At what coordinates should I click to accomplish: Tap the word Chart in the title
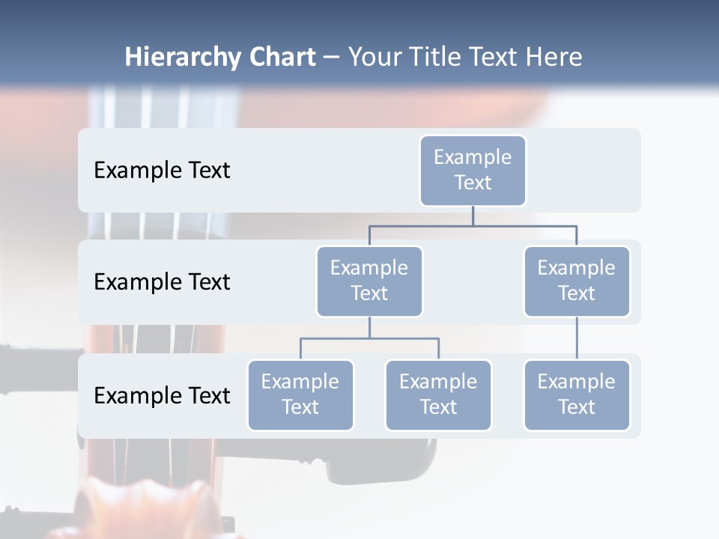(x=281, y=58)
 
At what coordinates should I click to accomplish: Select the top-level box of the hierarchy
(x=473, y=170)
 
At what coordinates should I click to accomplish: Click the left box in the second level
(x=369, y=281)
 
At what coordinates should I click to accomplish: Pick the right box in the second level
(x=577, y=281)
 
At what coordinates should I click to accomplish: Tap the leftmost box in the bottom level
(x=300, y=395)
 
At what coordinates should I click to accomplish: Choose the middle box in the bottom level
(x=438, y=395)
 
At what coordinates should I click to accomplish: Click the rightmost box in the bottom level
(x=577, y=395)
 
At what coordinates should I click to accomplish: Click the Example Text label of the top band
(x=162, y=171)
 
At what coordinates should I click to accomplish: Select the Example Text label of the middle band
(x=162, y=282)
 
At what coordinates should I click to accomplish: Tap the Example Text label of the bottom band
(x=162, y=395)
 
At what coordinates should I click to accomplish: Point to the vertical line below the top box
(x=473, y=216)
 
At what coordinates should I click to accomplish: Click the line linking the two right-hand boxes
(x=577, y=338)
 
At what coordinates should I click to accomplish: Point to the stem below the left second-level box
(x=369, y=327)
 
